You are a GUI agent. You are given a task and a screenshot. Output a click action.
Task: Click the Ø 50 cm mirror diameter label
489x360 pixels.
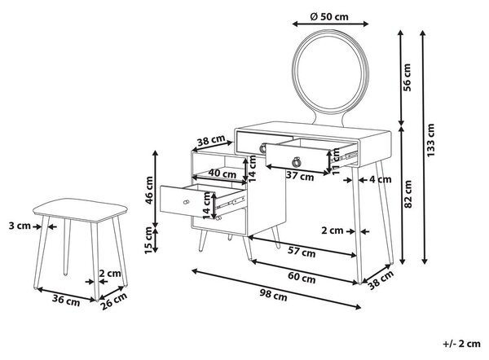point(329,16)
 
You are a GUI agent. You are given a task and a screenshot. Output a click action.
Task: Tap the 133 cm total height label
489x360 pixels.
point(430,140)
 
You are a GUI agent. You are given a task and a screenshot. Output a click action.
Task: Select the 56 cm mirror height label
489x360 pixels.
point(407,77)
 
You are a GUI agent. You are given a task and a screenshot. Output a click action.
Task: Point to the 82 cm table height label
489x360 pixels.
point(407,194)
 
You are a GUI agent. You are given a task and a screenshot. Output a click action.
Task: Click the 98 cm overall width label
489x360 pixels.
point(274,294)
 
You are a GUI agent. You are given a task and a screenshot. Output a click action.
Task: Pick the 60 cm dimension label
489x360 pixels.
point(302,277)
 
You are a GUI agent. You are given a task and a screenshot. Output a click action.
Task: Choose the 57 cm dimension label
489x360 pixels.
point(302,252)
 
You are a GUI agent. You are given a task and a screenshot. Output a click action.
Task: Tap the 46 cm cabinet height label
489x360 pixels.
point(149,191)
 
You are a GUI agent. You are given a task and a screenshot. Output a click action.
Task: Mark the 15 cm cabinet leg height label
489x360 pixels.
point(149,240)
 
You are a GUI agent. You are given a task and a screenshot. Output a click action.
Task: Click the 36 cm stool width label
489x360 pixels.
point(66,300)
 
